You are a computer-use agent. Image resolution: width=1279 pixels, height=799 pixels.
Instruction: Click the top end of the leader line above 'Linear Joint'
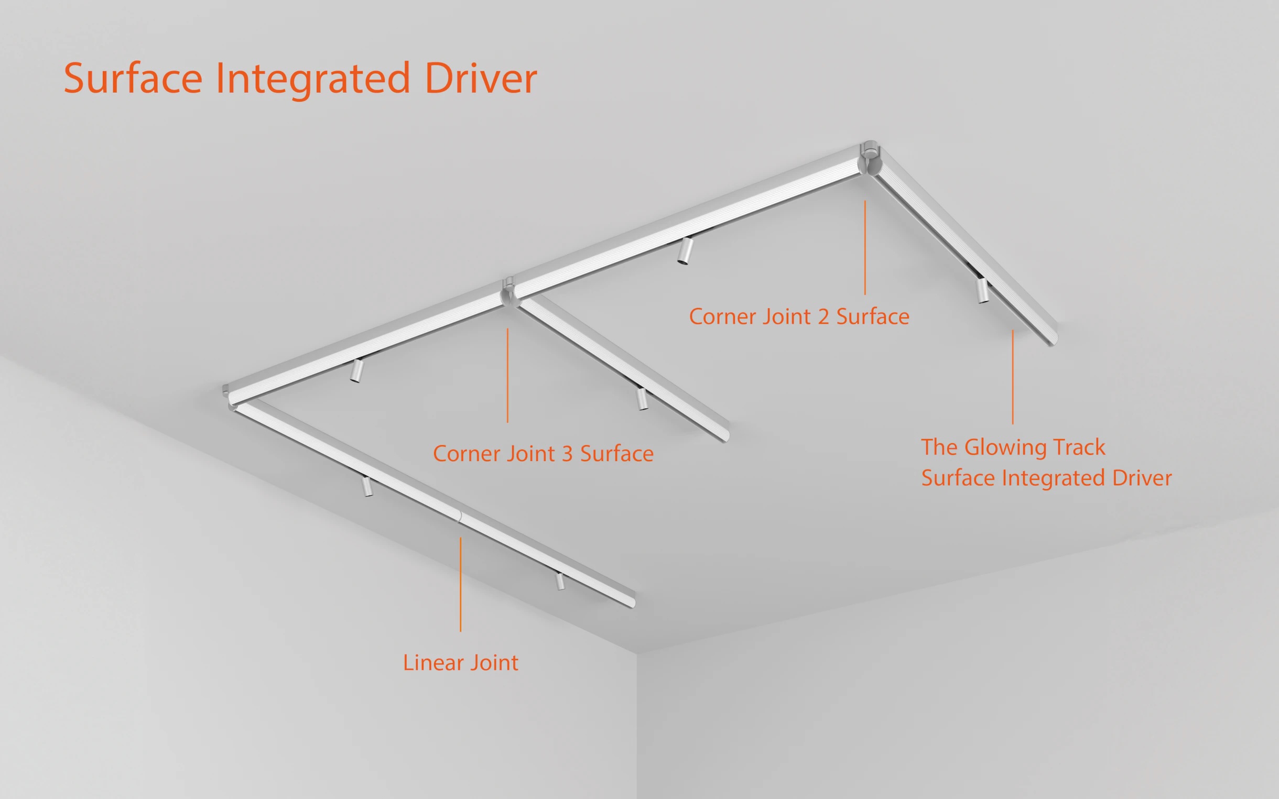tap(460, 538)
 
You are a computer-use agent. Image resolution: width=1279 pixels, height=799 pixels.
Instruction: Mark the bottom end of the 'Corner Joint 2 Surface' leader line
tap(865, 295)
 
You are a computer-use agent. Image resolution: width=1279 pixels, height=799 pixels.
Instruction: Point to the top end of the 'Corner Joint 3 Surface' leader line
tap(507, 329)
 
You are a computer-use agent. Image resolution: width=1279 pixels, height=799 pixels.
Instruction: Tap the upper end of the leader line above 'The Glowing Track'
tap(1013, 330)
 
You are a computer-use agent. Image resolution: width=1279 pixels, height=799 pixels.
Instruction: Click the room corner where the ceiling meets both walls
tap(637, 654)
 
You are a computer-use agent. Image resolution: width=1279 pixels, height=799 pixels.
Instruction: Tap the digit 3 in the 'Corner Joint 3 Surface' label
tap(567, 454)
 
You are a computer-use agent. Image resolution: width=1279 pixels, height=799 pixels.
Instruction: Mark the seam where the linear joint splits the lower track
tap(459, 516)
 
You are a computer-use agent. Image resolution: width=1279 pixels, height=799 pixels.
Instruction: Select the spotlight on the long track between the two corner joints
tap(684, 251)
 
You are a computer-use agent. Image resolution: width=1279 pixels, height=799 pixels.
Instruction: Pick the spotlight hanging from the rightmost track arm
tap(982, 290)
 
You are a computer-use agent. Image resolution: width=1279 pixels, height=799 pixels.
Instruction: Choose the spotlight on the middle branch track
tap(642, 398)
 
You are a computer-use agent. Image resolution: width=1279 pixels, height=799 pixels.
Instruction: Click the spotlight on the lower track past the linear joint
tap(560, 581)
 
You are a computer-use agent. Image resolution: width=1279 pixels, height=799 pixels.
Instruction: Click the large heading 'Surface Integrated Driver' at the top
tap(300, 78)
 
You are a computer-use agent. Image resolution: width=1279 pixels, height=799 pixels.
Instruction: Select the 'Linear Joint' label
tap(461, 663)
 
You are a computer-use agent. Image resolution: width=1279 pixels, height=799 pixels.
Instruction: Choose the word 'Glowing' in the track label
tap(1006, 447)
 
